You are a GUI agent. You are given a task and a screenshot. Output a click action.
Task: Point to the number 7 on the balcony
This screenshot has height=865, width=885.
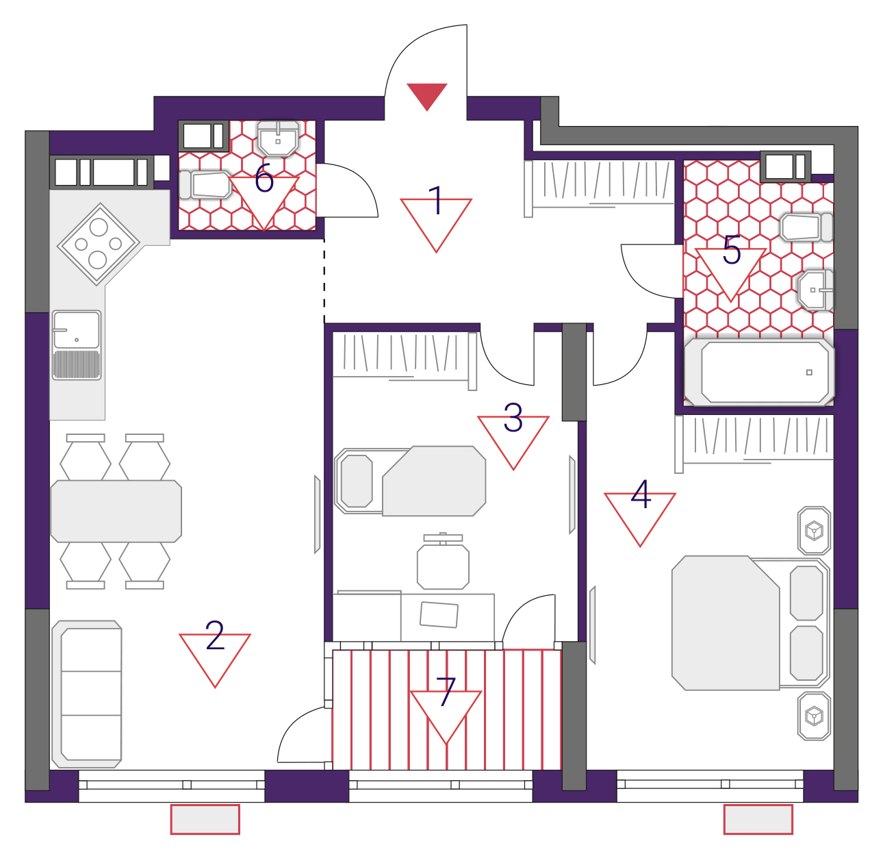click(446, 692)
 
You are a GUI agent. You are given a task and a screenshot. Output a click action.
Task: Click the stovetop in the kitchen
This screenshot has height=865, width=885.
click(99, 244)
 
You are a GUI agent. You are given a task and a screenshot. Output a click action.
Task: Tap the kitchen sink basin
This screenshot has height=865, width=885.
click(77, 345)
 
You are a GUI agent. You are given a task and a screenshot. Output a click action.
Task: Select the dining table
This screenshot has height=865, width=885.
click(116, 511)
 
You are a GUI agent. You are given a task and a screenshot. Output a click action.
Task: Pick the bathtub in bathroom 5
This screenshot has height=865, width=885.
click(759, 372)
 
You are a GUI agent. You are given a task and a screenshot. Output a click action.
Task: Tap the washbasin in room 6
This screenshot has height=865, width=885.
click(279, 138)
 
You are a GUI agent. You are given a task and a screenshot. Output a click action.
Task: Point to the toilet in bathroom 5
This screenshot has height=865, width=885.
click(807, 227)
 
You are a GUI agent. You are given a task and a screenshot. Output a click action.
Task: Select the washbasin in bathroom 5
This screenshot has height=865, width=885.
click(816, 290)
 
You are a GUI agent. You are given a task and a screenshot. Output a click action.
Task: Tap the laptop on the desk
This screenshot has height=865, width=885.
click(439, 615)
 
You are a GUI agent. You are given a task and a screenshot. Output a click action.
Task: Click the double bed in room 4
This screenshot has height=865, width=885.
click(751, 623)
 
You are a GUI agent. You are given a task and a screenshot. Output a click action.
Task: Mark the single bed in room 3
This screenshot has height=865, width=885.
click(410, 481)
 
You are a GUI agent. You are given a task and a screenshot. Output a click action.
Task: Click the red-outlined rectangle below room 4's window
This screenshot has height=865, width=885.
click(758, 820)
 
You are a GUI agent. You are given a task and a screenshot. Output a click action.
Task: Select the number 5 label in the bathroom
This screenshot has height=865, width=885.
click(732, 249)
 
